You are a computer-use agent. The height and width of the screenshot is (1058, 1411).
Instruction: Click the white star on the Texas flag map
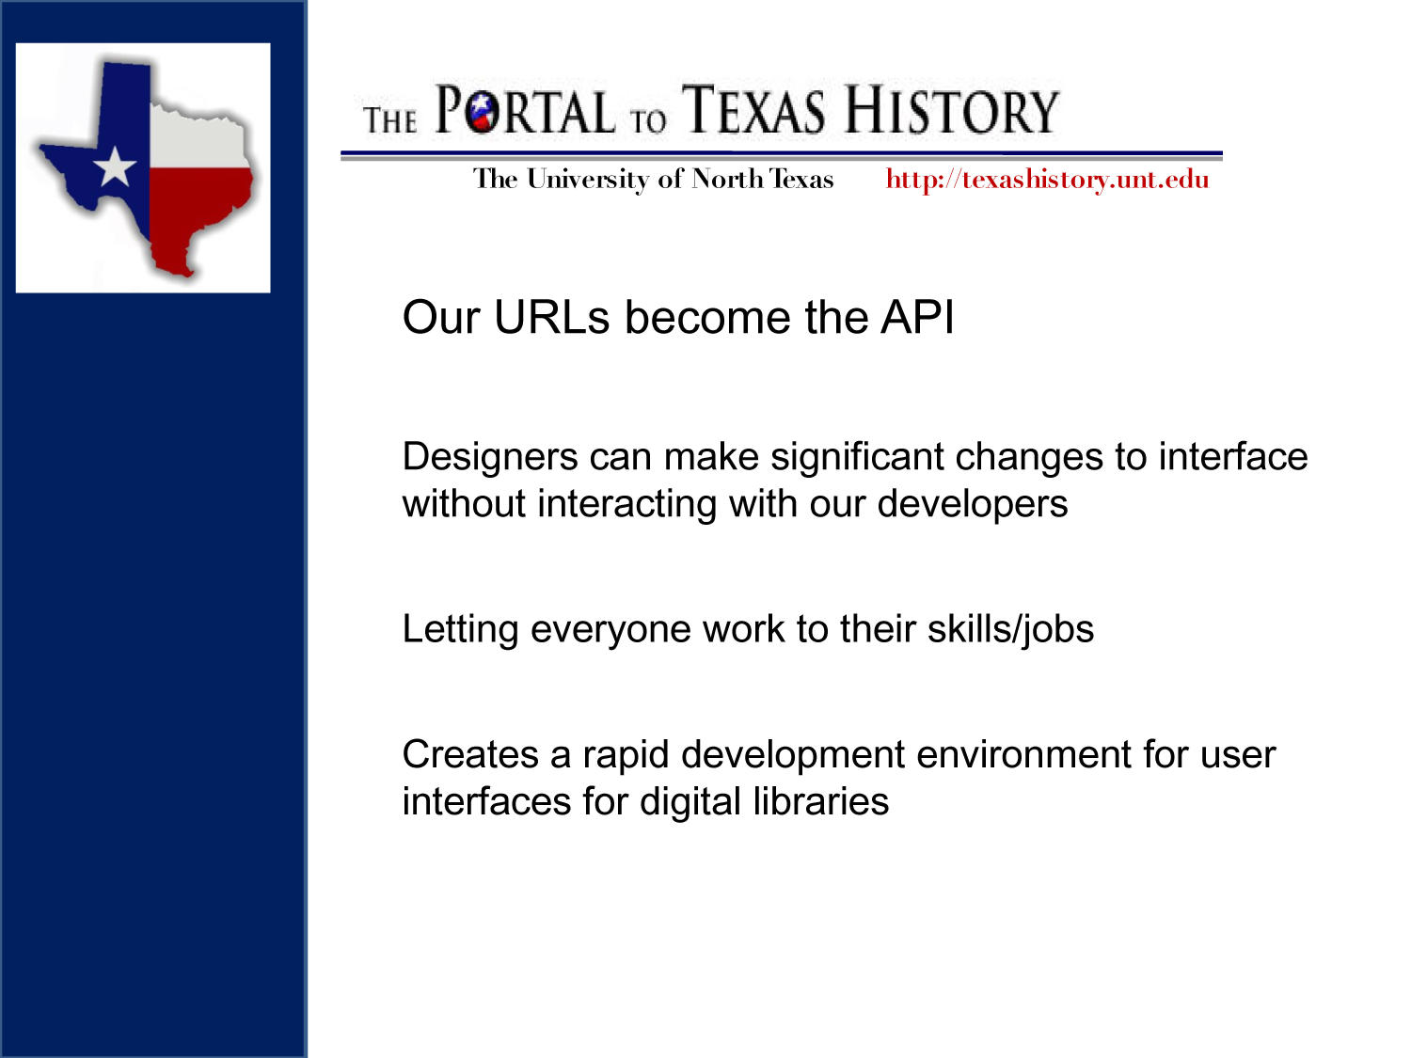tap(115, 166)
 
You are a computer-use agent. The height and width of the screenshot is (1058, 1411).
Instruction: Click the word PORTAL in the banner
tap(524, 112)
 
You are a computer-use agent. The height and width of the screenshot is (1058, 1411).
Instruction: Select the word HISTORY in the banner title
tap(951, 110)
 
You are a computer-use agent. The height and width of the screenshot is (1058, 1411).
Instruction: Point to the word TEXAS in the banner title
tap(753, 110)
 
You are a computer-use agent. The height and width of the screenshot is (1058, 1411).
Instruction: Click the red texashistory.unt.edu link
tap(1047, 179)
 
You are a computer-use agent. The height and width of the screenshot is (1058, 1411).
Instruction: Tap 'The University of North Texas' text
tap(653, 179)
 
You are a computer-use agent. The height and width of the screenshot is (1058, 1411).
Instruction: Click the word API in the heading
tap(917, 317)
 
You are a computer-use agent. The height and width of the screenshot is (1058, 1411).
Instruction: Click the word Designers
tap(490, 457)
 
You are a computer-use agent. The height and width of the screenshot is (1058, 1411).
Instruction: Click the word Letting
tap(460, 629)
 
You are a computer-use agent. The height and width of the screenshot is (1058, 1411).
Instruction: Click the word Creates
tap(470, 754)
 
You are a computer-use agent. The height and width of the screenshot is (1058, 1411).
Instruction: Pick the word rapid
tap(626, 754)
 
